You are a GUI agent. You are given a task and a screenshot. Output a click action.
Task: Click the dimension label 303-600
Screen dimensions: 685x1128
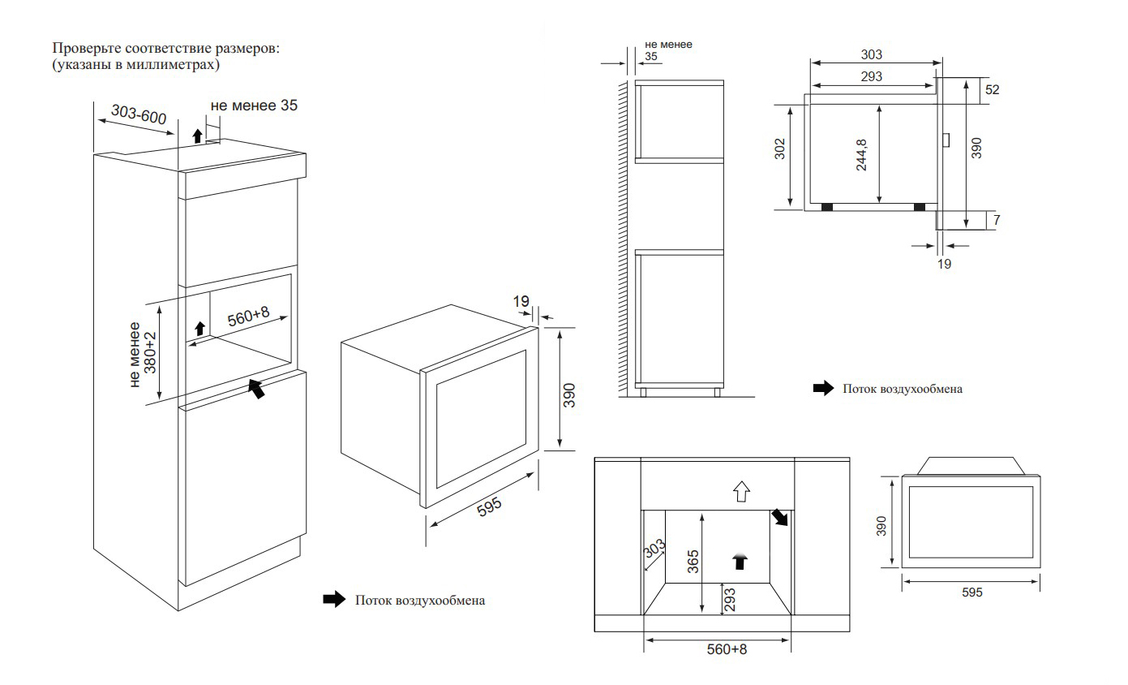pos(138,116)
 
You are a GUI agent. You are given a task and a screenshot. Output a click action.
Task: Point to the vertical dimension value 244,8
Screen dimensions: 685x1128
pos(861,153)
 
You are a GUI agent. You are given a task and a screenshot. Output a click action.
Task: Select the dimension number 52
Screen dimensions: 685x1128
pos(991,90)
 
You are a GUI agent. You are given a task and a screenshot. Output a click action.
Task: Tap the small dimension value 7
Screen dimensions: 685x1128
pos(996,220)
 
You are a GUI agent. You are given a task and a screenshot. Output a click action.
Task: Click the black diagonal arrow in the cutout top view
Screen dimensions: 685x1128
pos(781,518)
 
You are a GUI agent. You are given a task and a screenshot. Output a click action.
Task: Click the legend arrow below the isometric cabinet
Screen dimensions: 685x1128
pos(333,600)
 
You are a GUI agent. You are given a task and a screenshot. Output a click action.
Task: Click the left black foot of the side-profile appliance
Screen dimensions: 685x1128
pos(826,206)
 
